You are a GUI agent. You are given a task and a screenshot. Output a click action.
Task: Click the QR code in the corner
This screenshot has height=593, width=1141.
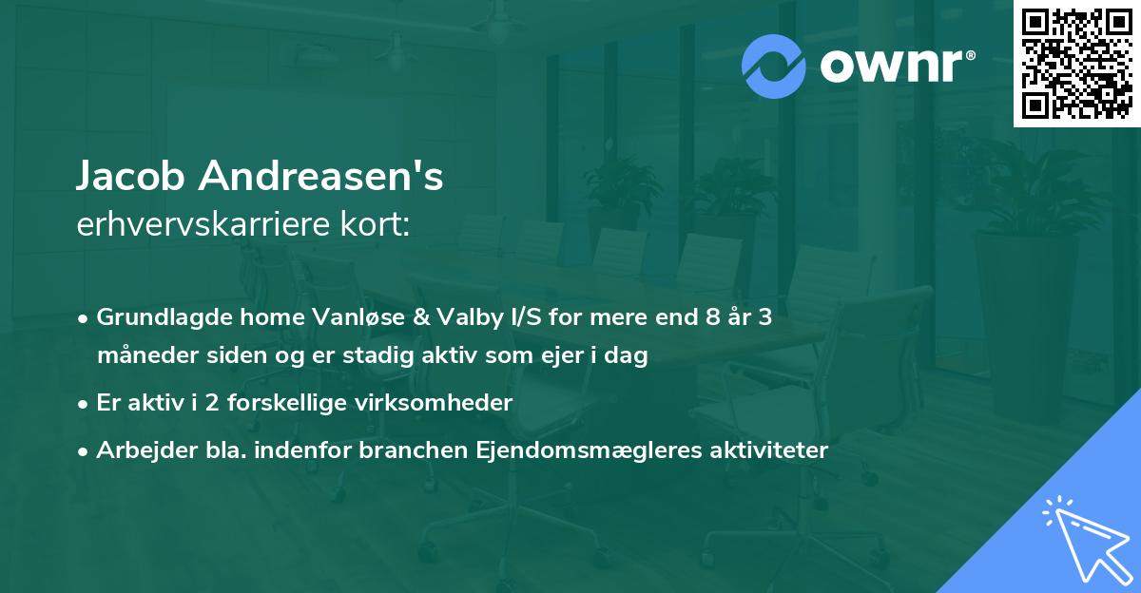[1076, 64]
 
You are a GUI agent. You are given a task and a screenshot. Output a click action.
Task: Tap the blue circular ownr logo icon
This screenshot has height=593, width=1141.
[774, 66]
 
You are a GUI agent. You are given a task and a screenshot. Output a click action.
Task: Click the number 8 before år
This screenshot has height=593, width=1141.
[703, 317]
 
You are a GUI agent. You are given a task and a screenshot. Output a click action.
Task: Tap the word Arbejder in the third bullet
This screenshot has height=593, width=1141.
[138, 450]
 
